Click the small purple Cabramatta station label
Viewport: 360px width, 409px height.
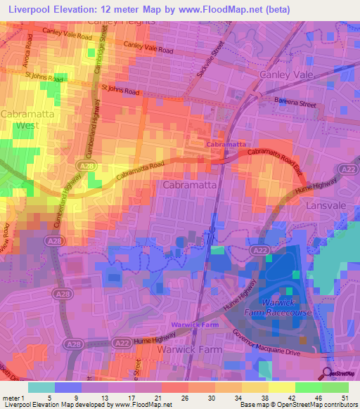point(226,143)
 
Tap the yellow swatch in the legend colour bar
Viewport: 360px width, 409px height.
point(281,387)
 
